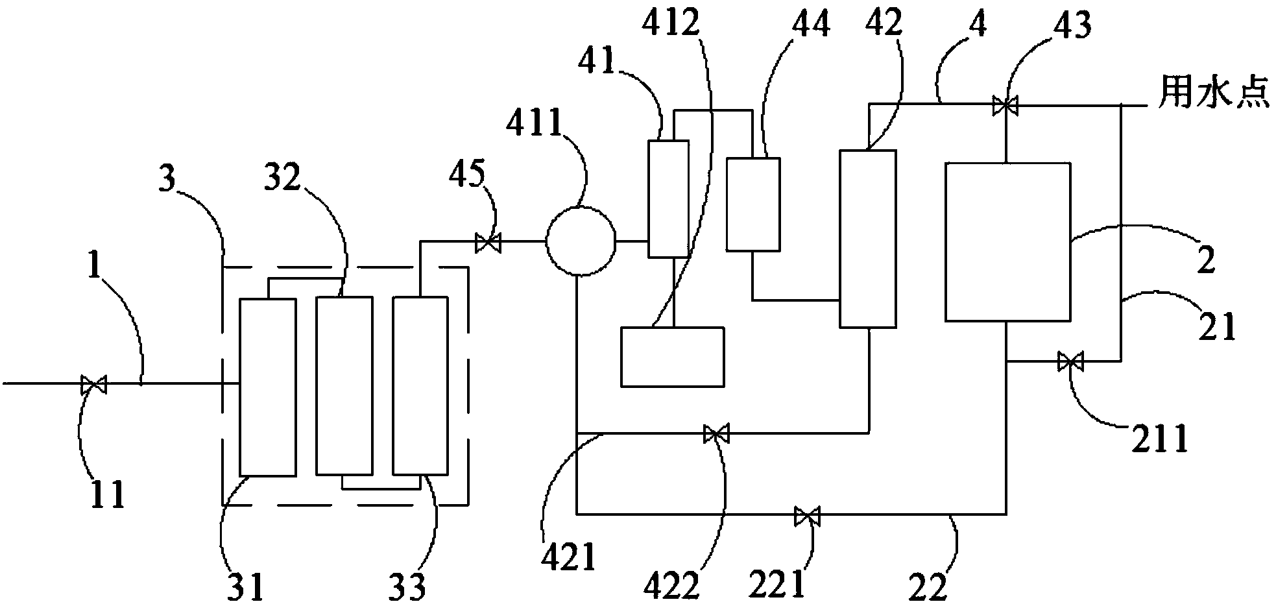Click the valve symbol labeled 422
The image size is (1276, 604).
click(717, 433)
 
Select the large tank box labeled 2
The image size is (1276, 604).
click(1007, 242)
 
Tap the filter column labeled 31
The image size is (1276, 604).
click(268, 387)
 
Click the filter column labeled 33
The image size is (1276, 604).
click(420, 385)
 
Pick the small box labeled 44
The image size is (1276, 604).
click(752, 204)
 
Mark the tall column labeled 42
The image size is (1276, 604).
click(868, 239)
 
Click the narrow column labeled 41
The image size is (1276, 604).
click(669, 199)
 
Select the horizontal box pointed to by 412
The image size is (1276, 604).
click(672, 357)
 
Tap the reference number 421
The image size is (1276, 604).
click(569, 557)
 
